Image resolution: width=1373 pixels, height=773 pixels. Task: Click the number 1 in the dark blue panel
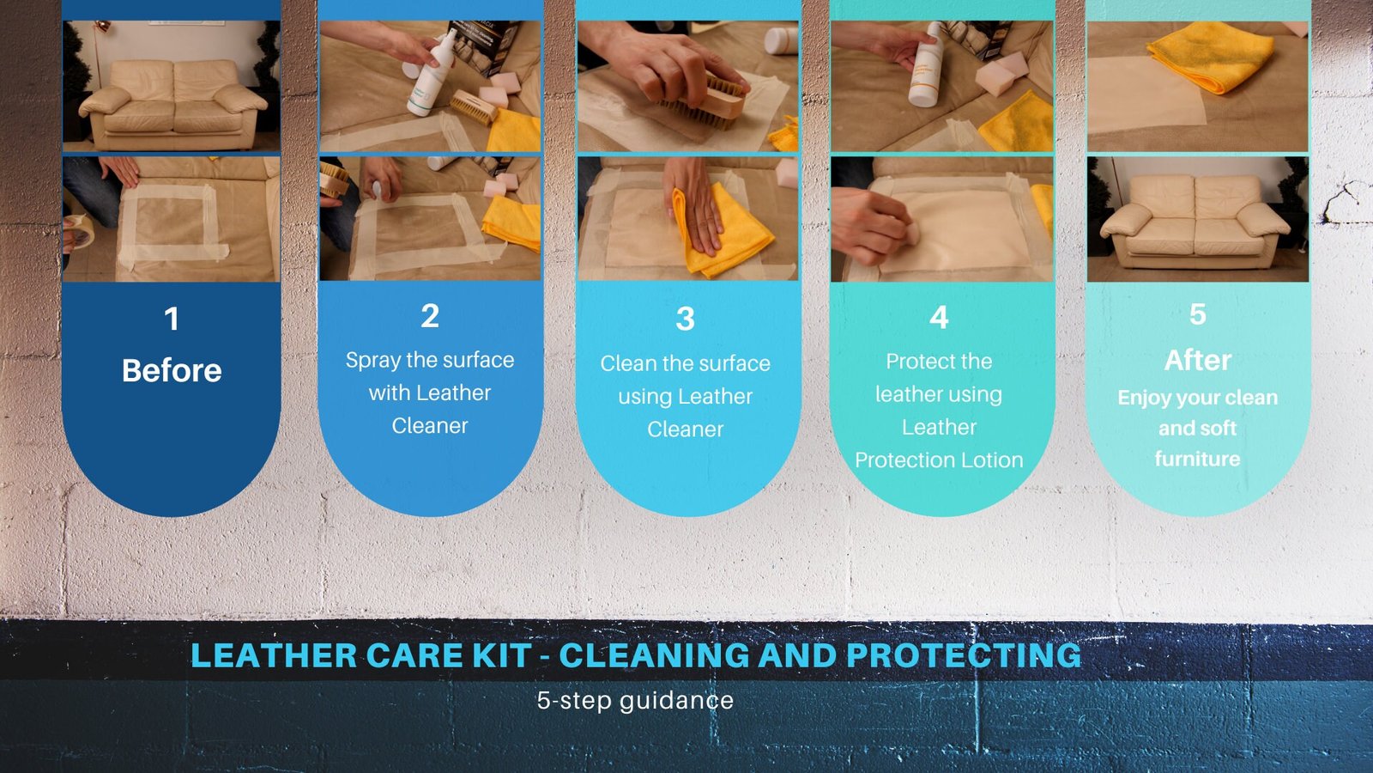(171, 319)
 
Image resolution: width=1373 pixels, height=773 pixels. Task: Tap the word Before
(172, 370)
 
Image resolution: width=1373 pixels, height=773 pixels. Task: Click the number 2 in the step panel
(430, 316)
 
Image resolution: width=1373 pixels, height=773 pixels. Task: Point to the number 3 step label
(686, 319)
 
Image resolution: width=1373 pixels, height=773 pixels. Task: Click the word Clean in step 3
(627, 363)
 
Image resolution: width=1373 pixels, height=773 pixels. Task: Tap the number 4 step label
(939, 318)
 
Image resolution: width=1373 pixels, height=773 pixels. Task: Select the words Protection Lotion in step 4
(939, 460)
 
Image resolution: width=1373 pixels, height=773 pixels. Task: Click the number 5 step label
(1198, 314)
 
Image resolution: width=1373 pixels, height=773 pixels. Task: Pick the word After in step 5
(1198, 360)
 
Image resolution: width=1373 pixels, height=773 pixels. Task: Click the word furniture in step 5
(1198, 459)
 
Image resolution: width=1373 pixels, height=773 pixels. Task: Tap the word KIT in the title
(502, 655)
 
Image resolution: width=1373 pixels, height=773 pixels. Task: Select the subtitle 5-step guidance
(635, 701)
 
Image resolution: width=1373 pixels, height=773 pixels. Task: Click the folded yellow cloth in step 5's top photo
(1210, 56)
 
